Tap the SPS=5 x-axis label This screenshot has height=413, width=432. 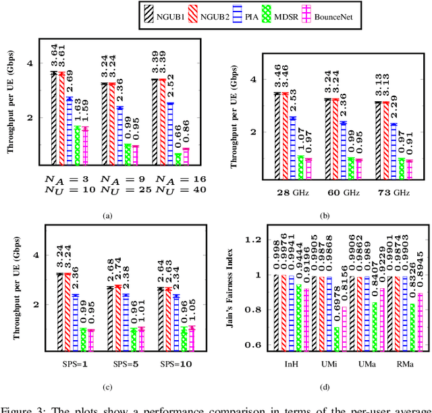[122, 364]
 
